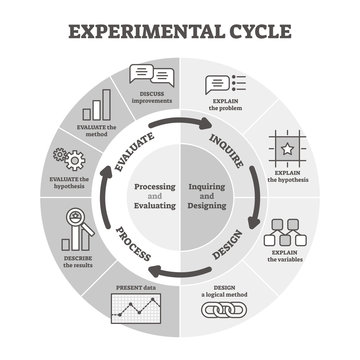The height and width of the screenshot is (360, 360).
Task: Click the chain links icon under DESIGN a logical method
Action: (x=224, y=311)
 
